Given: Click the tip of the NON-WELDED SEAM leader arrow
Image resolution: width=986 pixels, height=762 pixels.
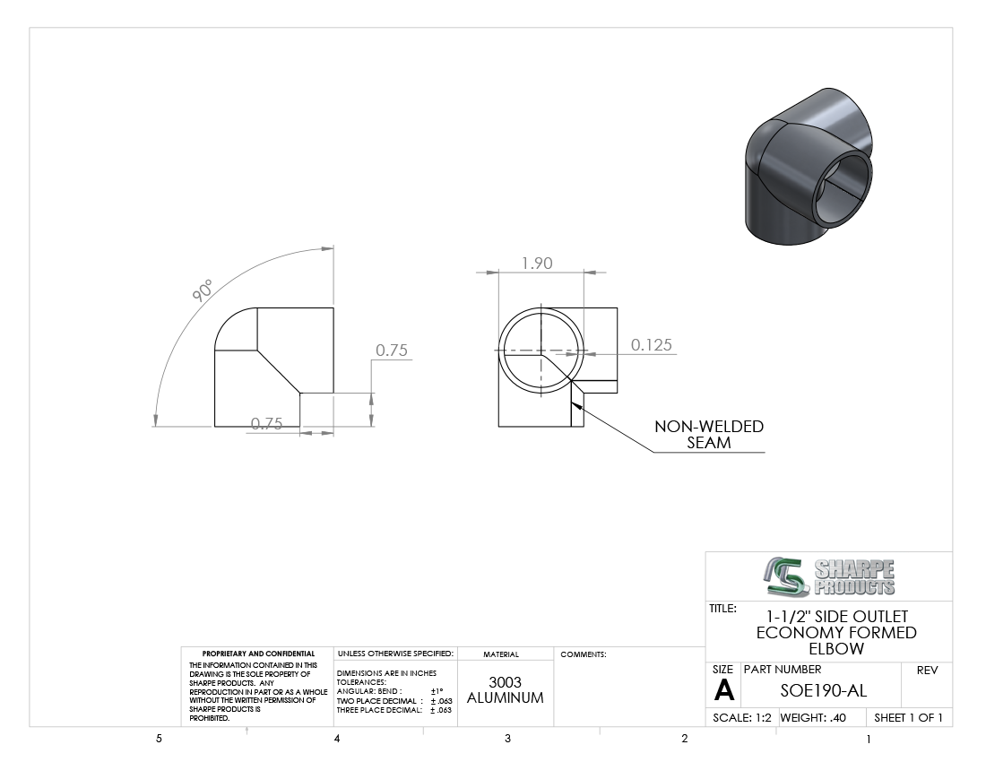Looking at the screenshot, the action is click(x=572, y=403).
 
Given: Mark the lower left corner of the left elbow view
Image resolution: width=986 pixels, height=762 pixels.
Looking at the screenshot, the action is click(x=215, y=427).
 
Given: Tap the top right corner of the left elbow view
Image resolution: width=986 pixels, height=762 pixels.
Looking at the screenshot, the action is click(x=333, y=308).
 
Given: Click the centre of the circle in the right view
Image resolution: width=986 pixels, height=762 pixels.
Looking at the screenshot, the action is click(x=541, y=351).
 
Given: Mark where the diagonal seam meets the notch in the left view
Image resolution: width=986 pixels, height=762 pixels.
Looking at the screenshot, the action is click(x=300, y=394).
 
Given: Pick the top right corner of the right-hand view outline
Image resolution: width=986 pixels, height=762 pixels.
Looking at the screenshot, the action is click(x=618, y=308).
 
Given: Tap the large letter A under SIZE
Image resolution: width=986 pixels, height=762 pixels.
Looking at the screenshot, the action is click(x=724, y=690).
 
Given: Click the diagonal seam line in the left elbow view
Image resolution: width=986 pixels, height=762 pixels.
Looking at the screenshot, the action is click(x=279, y=372).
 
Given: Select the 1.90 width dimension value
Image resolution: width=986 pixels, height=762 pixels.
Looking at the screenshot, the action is click(x=537, y=263).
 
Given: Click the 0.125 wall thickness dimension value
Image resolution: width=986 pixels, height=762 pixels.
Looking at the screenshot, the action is click(x=652, y=344).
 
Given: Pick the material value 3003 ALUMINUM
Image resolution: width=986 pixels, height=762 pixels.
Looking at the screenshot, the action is click(x=505, y=689).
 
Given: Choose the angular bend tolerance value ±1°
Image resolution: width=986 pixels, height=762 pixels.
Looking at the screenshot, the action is click(x=437, y=691).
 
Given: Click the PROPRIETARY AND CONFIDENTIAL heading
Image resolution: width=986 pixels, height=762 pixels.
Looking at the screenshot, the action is click(x=258, y=654).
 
